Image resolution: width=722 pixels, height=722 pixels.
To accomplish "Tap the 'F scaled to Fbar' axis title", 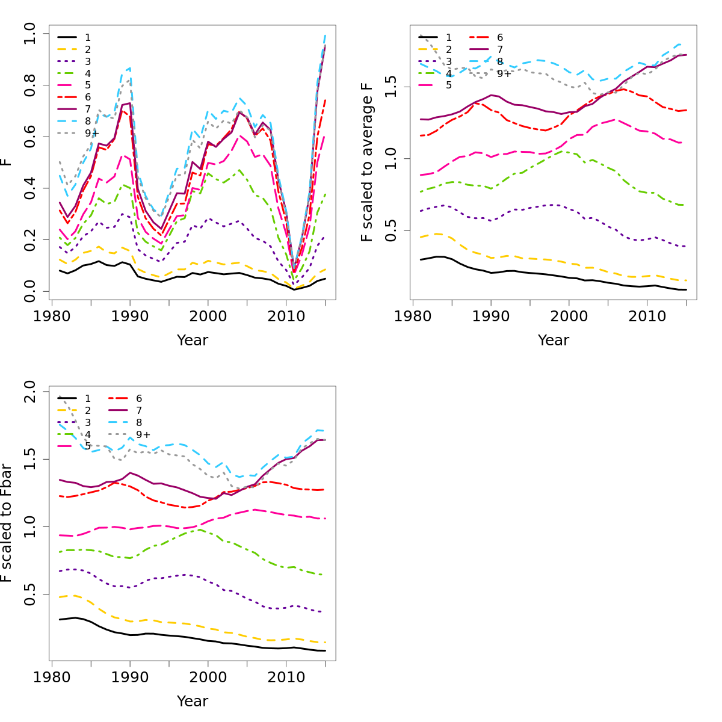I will pos(7,523).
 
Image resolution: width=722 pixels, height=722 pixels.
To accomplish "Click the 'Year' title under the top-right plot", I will pos(554,341).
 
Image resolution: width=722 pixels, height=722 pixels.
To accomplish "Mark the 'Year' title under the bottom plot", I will pos(193,702).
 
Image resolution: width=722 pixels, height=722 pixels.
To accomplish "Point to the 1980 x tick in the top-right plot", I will pos(413,316).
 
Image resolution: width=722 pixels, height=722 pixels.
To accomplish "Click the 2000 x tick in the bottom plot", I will pos(208,677).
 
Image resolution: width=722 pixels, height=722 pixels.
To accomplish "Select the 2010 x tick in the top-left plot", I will pos(286,316).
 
